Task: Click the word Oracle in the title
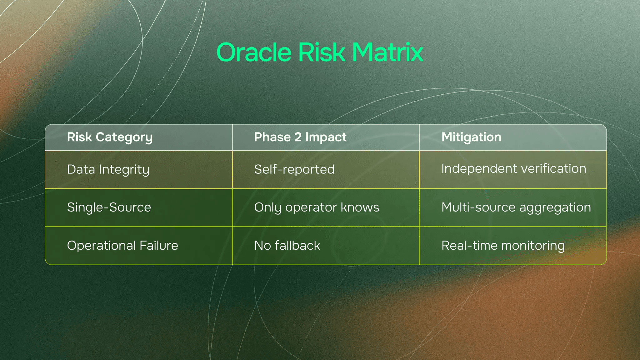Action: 254,52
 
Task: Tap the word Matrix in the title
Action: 387,52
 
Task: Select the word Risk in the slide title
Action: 322,52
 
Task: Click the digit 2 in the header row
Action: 298,137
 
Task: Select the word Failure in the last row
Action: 159,246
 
